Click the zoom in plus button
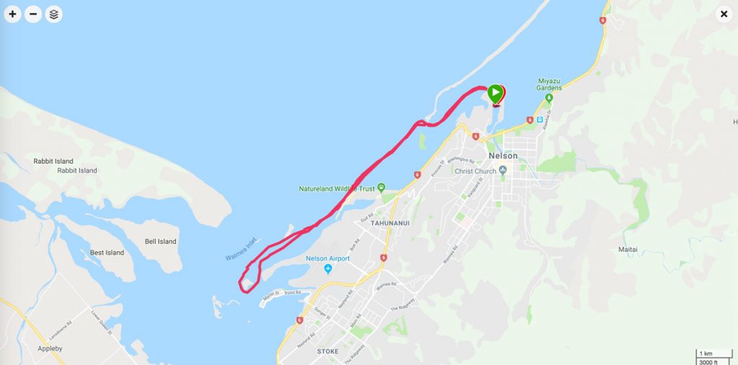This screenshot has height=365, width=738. click(x=12, y=14)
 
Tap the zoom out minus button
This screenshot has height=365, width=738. click(x=33, y=14)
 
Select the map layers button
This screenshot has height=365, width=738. click(x=54, y=14)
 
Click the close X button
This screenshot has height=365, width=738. click(x=724, y=14)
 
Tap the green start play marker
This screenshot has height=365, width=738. click(x=495, y=93)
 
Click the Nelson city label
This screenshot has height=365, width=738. click(x=502, y=155)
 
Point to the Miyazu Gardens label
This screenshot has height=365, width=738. click(x=549, y=84)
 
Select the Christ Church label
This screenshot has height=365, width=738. click(x=476, y=171)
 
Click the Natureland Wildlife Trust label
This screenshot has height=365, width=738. click(x=337, y=189)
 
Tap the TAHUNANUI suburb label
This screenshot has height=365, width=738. click(x=390, y=223)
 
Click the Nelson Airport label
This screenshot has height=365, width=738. click(x=328, y=258)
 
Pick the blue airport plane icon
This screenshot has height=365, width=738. click(x=328, y=269)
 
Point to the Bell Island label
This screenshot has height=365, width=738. click(x=161, y=242)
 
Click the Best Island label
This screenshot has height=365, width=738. click(x=107, y=252)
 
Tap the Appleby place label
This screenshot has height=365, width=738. click(x=50, y=348)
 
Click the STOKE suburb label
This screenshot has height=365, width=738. click(x=328, y=351)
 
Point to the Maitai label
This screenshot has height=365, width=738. click(x=628, y=250)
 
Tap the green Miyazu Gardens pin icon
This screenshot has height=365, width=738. click(x=549, y=97)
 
